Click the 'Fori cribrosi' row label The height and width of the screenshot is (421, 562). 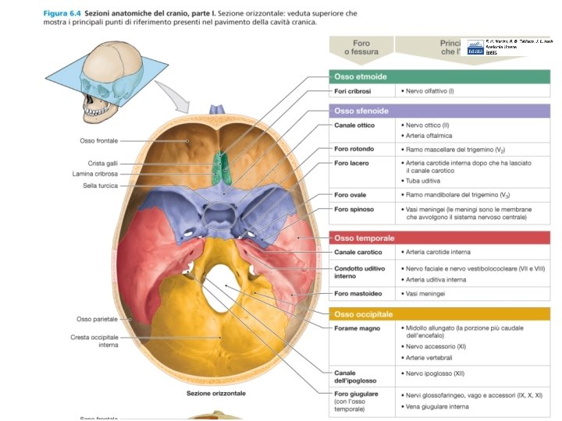pyautogui.click(x=351, y=91)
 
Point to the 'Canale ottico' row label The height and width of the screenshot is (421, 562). pyautogui.click(x=354, y=125)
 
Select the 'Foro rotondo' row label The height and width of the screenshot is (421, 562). pyautogui.click(x=354, y=149)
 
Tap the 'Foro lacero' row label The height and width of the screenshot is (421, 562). pyautogui.click(x=351, y=163)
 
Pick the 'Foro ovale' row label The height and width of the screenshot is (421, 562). pyautogui.click(x=350, y=194)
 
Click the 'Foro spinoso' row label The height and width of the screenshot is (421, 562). pyautogui.click(x=354, y=209)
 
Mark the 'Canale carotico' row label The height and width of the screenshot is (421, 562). pyautogui.click(x=357, y=252)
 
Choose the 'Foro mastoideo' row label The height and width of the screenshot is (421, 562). pyautogui.click(x=357, y=293)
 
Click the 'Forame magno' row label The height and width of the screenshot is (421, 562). pyautogui.click(x=357, y=328)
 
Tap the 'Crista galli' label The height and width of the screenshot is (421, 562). pyautogui.click(x=101, y=163)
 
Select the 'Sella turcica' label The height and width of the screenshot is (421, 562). pyautogui.click(x=101, y=185)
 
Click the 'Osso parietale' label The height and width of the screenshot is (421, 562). pyautogui.click(x=97, y=319)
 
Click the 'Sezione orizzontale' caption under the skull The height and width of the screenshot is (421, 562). pyautogui.click(x=215, y=393)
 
